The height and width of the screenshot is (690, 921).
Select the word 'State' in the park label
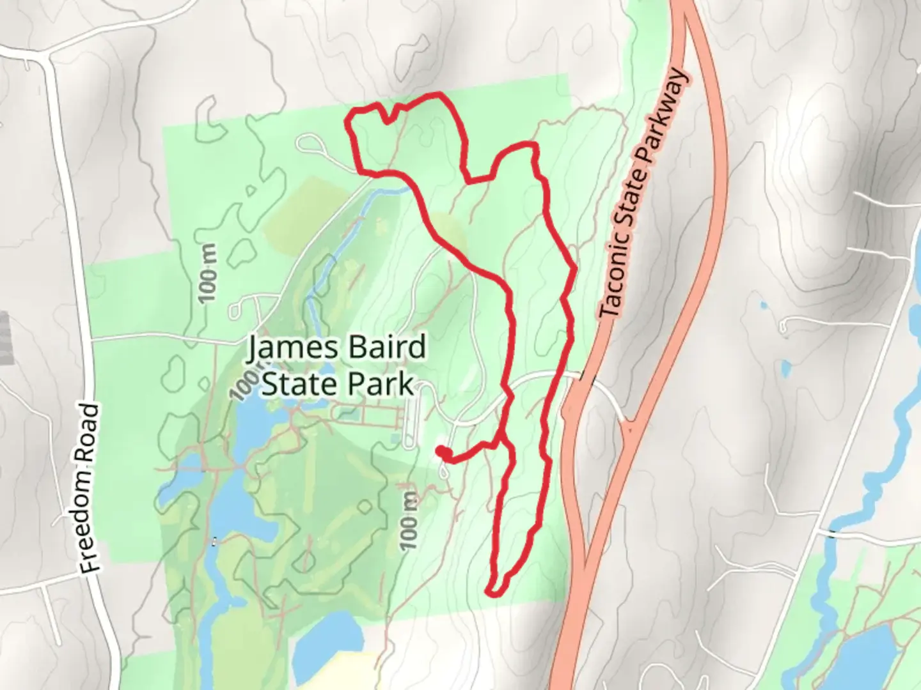click(x=299, y=385)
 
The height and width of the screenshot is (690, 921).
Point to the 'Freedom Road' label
click(x=91, y=488)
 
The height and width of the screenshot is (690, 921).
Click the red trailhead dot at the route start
click(x=441, y=452)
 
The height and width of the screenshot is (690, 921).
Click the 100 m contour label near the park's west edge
click(x=209, y=273)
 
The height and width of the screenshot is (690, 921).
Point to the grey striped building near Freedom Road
click(x=6, y=339)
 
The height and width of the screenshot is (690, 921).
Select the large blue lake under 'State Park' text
click(x=256, y=422)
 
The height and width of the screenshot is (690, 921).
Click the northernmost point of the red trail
click(x=438, y=95)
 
